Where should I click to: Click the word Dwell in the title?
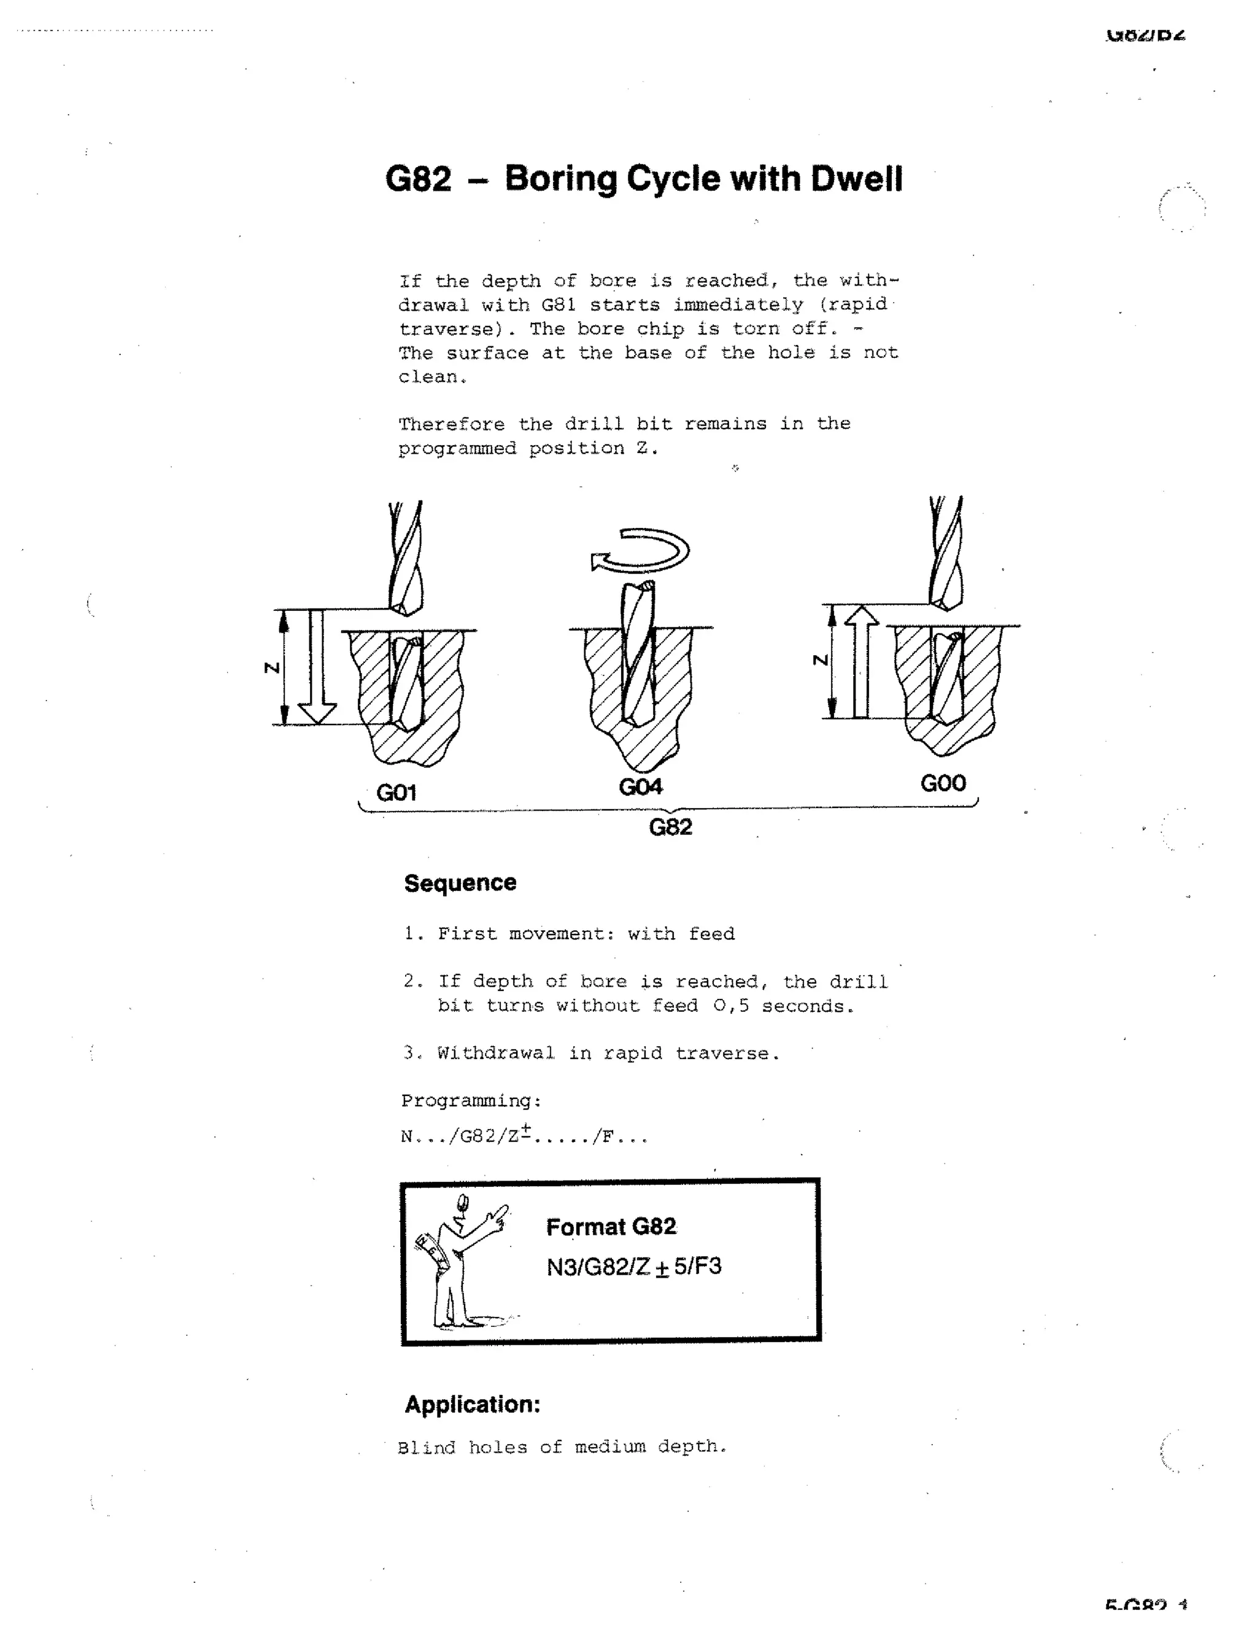pos(856,179)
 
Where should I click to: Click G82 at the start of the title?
pos(418,179)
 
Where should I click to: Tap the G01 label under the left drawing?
pos(396,792)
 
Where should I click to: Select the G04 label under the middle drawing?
pos(640,786)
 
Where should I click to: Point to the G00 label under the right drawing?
pos(943,783)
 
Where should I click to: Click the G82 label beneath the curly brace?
pos(670,827)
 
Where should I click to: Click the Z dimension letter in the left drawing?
pos(273,667)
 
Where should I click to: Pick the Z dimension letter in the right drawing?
pos(820,660)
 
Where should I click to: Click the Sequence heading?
pos(460,883)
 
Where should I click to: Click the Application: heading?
pos(472,1404)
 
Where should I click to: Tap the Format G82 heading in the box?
pos(611,1227)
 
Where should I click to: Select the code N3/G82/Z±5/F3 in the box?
pos(633,1267)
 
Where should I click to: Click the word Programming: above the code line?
pos(471,1100)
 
